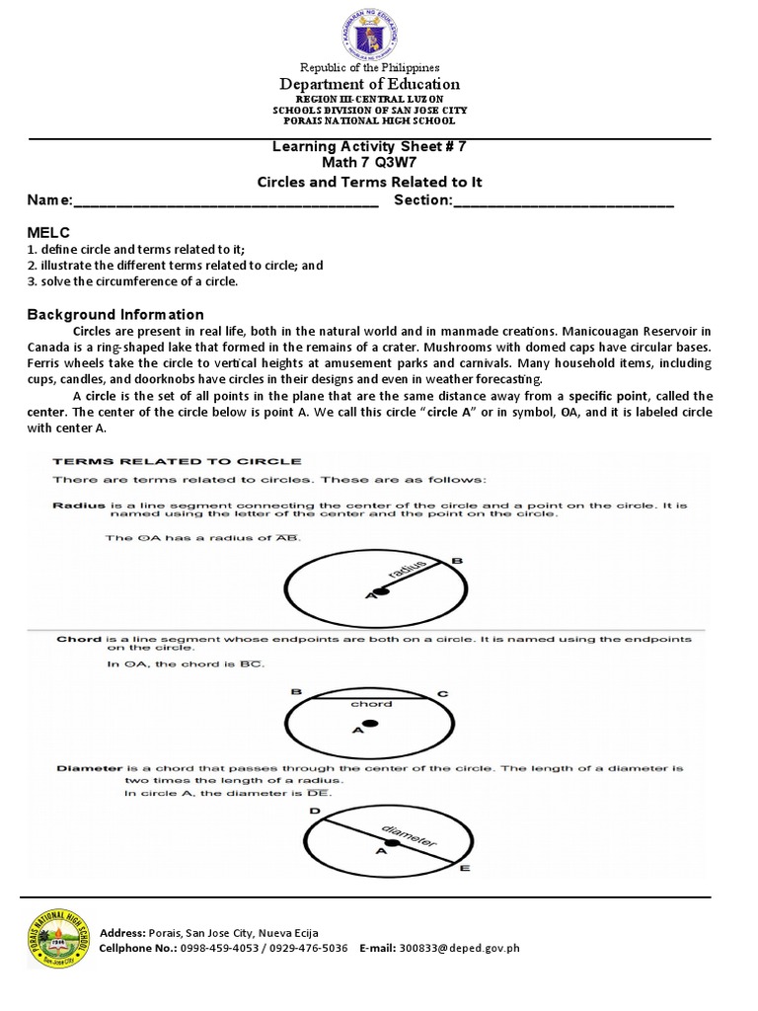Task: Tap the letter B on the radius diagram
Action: point(456,561)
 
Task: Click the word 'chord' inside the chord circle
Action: point(371,704)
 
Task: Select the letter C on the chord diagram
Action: point(443,694)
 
